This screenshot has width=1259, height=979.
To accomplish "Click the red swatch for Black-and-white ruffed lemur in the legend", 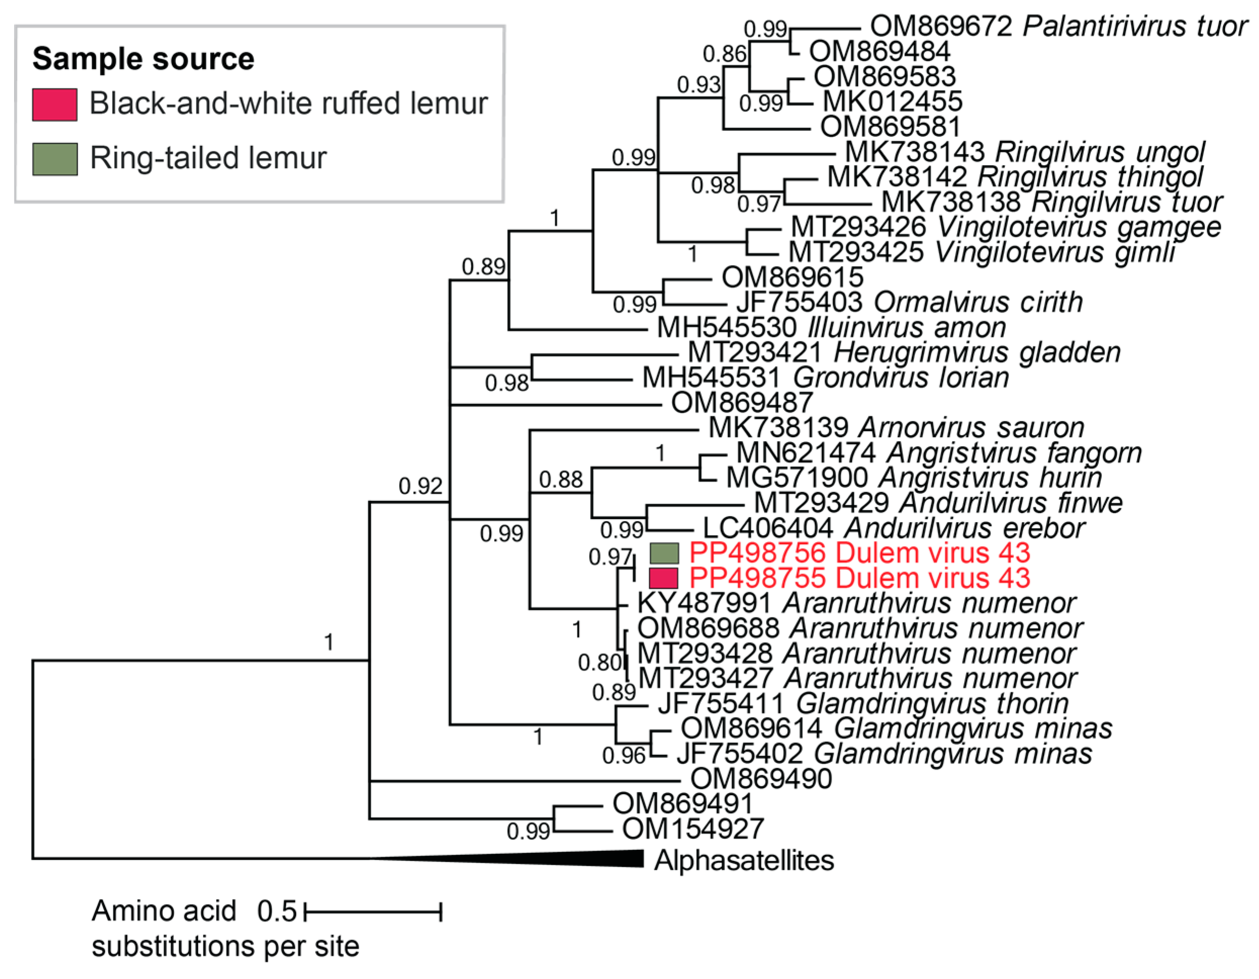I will (x=55, y=105).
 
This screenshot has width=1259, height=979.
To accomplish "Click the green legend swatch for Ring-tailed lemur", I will (x=55, y=159).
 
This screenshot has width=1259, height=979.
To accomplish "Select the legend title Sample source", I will (x=143, y=59).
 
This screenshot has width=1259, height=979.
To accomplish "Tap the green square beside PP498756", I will (x=664, y=553).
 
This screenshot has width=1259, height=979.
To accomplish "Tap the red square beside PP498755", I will (x=664, y=578).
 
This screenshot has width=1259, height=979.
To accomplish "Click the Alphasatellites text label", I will (x=744, y=861).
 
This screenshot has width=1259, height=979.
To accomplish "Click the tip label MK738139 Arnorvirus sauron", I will (x=896, y=428).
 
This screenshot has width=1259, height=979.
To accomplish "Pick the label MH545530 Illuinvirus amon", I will (x=831, y=328).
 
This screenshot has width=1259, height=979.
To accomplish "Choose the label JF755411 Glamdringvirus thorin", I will (x=863, y=703).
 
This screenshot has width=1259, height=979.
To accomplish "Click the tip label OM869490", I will (x=761, y=779).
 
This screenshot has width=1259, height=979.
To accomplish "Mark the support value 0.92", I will (x=420, y=486).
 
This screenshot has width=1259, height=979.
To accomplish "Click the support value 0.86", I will (x=724, y=54).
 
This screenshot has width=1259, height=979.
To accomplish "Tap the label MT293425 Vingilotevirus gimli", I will (x=981, y=252).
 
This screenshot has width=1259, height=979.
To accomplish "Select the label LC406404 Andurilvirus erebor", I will (x=894, y=528).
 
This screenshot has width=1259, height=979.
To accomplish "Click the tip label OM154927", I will (x=692, y=829).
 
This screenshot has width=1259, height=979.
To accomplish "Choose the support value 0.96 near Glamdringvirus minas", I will (x=624, y=756).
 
